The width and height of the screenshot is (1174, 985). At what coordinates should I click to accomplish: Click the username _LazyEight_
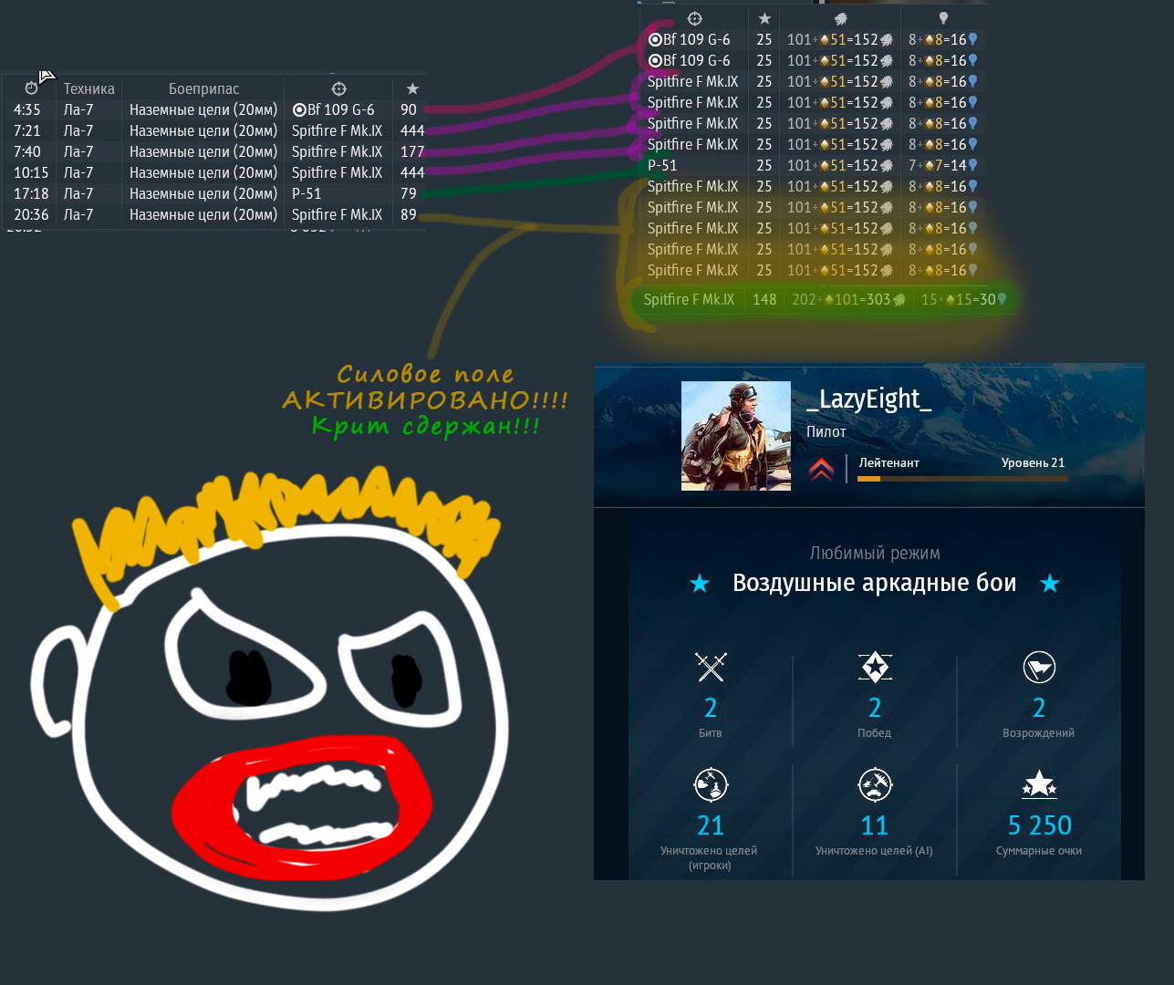tap(868, 399)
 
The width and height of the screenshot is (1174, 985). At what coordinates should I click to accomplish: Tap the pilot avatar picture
tap(735, 436)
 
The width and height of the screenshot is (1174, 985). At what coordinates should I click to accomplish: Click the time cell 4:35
tap(27, 109)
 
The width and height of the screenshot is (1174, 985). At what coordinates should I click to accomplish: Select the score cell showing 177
tap(412, 151)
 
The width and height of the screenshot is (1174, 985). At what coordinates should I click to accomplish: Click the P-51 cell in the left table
tap(306, 193)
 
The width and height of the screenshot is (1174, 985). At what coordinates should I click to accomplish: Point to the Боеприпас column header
tap(203, 88)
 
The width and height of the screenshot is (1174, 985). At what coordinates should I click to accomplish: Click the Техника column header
tap(88, 88)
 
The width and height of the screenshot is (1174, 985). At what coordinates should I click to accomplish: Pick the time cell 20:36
tap(31, 214)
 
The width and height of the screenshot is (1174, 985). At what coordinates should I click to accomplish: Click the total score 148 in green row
tap(764, 299)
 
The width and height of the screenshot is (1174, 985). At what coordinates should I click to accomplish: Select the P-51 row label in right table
tap(662, 165)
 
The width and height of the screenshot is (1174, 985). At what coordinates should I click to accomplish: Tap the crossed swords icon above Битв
tap(711, 667)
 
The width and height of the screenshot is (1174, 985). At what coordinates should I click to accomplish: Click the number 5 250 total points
tap(1039, 825)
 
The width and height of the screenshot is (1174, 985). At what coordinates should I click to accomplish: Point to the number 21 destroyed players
tap(711, 825)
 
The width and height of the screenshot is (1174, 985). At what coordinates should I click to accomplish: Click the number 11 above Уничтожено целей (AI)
tap(874, 825)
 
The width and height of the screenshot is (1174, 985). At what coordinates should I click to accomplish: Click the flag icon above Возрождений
tap(1039, 667)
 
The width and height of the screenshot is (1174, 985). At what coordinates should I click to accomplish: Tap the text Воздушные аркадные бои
tap(874, 583)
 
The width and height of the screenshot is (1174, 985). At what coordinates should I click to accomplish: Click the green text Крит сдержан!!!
tap(425, 426)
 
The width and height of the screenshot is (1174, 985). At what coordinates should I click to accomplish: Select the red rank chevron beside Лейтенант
tap(821, 469)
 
